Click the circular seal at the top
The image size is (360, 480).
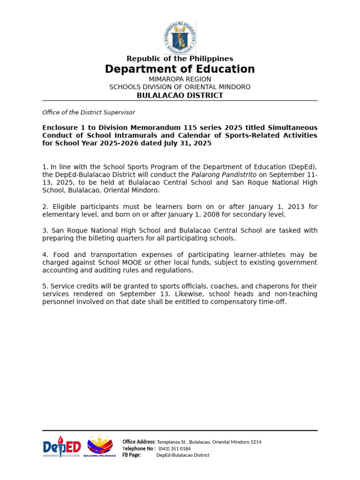pos(180,37)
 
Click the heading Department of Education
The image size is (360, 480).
pos(180,69)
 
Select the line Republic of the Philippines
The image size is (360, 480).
pos(180,59)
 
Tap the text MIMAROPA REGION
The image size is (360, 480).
pos(180,79)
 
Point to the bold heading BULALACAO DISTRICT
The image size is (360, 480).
pos(180,96)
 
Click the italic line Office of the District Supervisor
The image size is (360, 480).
pos(89,112)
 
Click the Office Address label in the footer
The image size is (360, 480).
pos(139,442)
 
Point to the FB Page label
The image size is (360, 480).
pos(132,455)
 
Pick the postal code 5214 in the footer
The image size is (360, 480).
pos(256,442)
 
